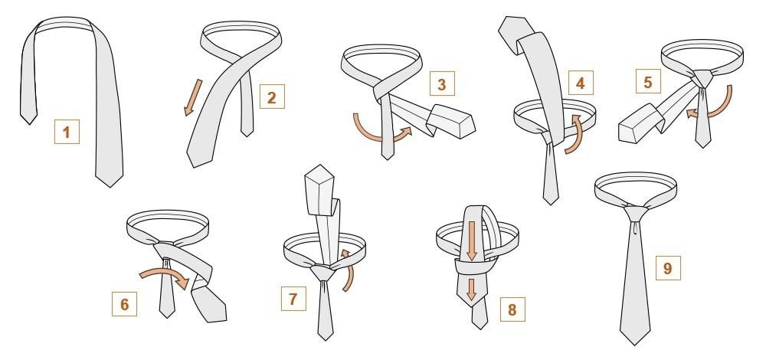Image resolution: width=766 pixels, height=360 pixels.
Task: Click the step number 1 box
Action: [67, 132]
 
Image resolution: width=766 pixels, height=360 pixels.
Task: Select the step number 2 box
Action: [272, 97]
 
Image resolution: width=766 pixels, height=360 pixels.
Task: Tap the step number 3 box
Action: [442, 83]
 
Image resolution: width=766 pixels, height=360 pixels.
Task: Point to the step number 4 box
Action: [581, 83]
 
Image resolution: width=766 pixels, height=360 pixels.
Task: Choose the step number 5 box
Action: [648, 81]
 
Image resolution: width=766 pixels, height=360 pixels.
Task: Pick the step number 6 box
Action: [125, 303]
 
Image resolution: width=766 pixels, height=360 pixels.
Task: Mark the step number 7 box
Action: [293, 299]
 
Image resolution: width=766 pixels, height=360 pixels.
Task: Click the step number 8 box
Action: [512, 309]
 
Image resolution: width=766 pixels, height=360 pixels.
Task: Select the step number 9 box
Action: [668, 267]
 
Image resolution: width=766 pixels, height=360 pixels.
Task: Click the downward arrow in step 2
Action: [193, 98]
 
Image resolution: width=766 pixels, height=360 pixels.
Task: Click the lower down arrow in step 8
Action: [471, 290]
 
